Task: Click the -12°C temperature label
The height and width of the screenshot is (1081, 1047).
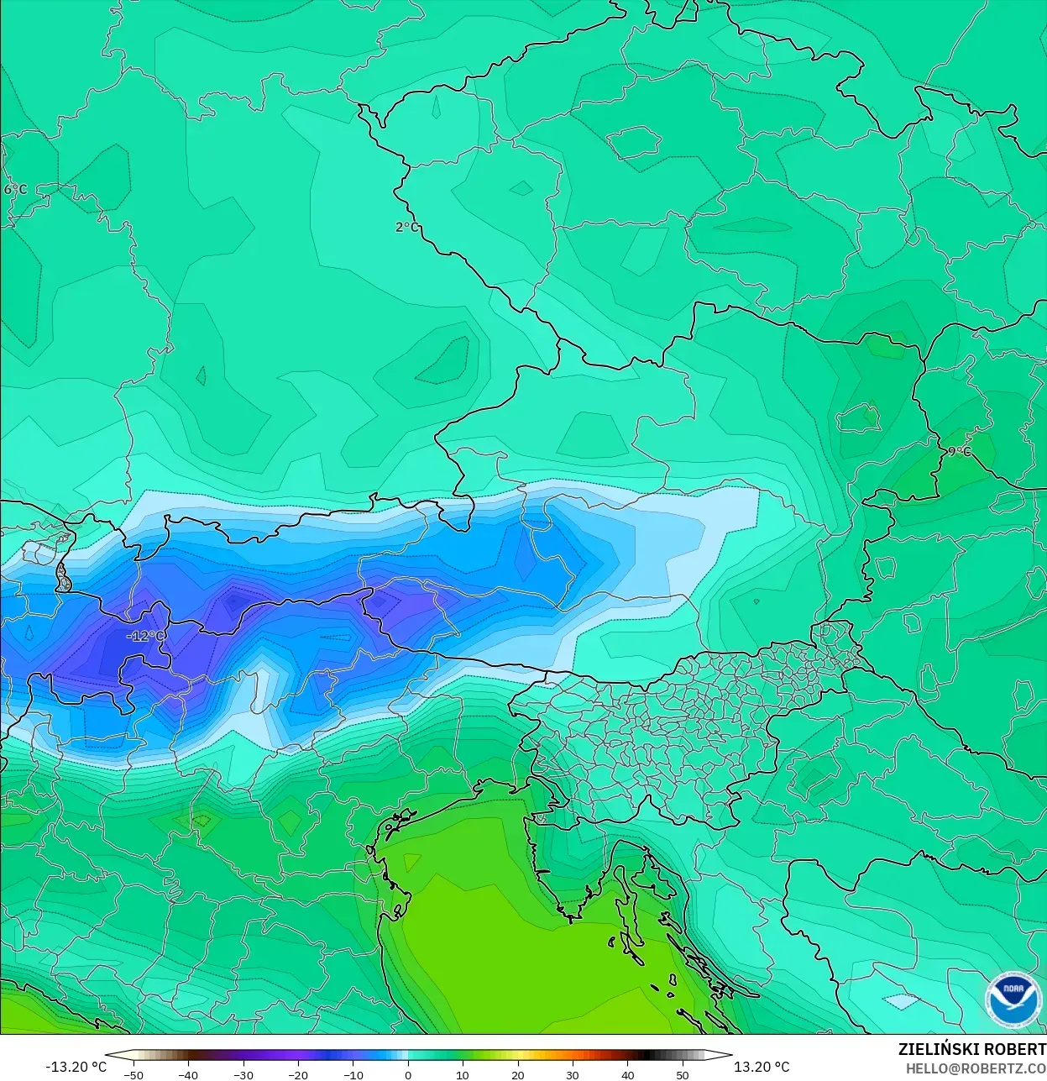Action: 145,636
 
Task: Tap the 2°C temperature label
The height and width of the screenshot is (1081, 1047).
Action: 406,227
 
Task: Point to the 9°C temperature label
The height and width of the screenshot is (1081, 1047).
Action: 959,451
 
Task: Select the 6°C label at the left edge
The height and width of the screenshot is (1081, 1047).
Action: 14,189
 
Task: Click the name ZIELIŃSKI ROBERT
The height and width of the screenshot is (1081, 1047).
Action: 971,1049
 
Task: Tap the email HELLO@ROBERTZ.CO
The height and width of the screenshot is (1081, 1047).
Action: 975,1068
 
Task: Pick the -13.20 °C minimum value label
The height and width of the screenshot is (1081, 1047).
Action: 76,1067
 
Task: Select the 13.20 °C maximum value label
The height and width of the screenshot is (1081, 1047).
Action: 762,1067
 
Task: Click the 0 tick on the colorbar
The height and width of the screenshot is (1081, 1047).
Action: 408,1074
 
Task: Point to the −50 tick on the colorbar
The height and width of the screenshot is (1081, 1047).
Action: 133,1074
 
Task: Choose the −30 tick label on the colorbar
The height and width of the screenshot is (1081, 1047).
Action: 243,1074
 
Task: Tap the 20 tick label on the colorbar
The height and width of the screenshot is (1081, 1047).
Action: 517,1074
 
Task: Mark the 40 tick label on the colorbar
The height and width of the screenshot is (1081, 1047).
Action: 627,1074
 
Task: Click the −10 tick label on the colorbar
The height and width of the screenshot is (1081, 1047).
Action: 353,1074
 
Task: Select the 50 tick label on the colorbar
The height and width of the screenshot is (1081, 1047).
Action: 682,1074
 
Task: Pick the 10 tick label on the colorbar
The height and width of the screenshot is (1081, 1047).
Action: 463,1074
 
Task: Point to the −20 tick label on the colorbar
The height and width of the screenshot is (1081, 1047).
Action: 297,1074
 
